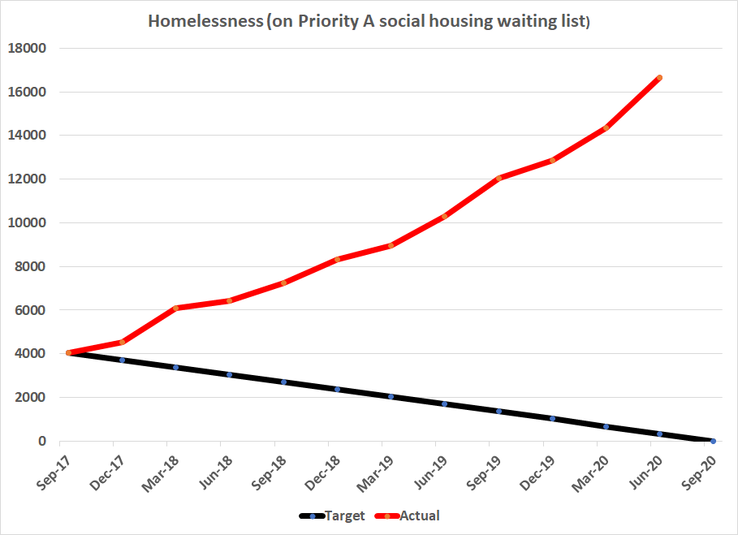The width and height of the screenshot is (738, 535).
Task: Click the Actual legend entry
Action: [x=420, y=515]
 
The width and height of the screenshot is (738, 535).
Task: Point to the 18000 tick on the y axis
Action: [x=26, y=49]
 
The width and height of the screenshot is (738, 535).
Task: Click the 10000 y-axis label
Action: [x=26, y=223]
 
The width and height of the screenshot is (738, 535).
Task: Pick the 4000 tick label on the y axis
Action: [x=29, y=354]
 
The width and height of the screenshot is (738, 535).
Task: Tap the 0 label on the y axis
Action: [x=42, y=442]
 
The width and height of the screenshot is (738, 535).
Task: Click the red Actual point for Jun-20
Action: [x=659, y=78]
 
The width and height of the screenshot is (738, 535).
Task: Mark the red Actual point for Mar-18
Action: [x=176, y=308]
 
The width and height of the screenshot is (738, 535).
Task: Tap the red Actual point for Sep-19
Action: [x=498, y=178]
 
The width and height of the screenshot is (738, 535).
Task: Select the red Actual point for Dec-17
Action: [x=123, y=342]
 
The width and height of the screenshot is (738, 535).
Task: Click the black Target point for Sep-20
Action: [x=713, y=441]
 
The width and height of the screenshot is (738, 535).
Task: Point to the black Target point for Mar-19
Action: [x=391, y=397]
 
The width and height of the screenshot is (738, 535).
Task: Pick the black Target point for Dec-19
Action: [x=552, y=419]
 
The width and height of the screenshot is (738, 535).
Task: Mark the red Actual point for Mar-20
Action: [x=606, y=127]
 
